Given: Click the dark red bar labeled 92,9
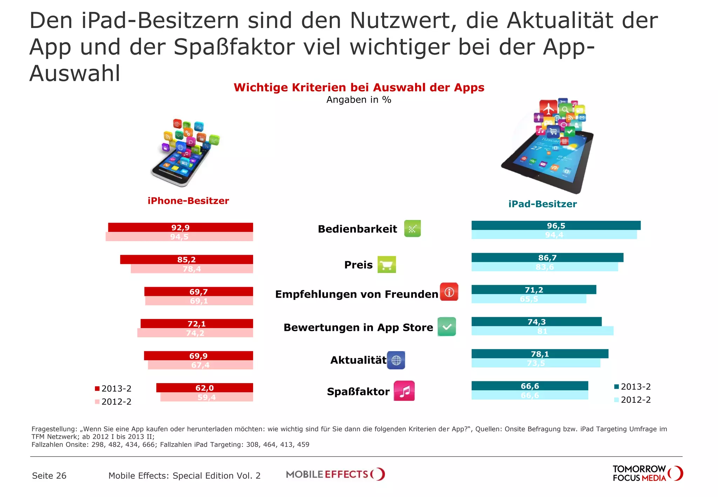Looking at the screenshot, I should pos(180,227).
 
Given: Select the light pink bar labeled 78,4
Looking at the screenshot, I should pos(191,269).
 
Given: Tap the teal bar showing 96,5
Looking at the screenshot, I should pos(556,225).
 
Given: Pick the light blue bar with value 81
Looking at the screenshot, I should pos(542,331).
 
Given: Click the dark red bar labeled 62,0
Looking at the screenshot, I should pos(204,388).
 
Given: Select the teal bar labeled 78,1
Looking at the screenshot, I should pos(540,354).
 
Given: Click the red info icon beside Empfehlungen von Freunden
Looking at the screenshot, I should pos(449,292).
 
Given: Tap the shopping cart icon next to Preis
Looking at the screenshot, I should pos(386,265).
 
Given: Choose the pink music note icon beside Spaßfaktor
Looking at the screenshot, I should pos(404,391).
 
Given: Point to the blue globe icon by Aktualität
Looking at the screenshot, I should pos(396,360).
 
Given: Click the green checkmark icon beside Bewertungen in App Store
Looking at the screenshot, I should pos(447,327).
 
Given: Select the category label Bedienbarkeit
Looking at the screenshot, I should pos(357,229).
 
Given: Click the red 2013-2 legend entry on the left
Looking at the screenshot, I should pos(113,388).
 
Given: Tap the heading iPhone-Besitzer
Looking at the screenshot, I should pos(188,201).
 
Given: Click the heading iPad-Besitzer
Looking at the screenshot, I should pos(542,204).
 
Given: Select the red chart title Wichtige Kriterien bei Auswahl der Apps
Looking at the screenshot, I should pos(359,87).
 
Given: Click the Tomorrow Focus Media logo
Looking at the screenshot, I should pos(647,474).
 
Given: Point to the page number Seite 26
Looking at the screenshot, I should pos(49,476).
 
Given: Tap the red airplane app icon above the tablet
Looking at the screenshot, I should pos(548,108).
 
